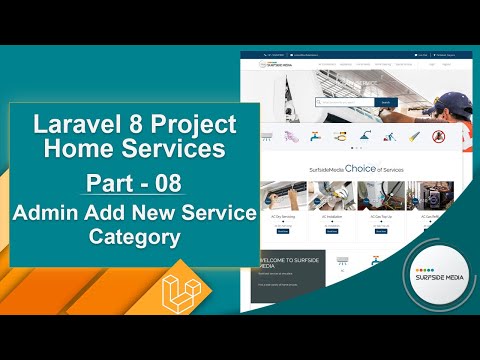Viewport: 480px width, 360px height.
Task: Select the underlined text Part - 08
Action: (x=133, y=184)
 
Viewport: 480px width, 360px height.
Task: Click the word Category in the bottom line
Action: (x=133, y=239)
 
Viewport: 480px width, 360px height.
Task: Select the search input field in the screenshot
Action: (x=345, y=102)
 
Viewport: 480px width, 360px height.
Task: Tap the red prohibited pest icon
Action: (x=437, y=136)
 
